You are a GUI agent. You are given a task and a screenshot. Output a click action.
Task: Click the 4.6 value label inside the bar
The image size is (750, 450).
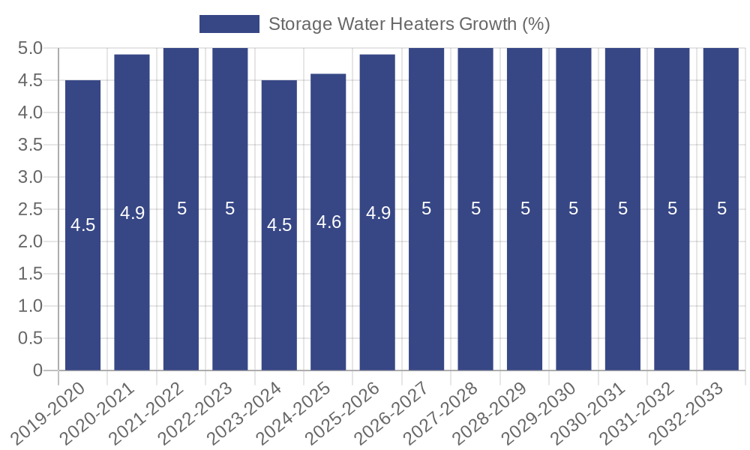pyautogui.click(x=328, y=222)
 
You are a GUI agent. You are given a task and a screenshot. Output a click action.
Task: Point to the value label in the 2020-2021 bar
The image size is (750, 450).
pyautogui.click(x=132, y=213)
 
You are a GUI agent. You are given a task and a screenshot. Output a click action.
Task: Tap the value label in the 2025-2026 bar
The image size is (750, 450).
pyautogui.click(x=378, y=213)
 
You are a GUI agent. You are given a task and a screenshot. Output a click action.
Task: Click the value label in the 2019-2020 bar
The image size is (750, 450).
pyautogui.click(x=82, y=225)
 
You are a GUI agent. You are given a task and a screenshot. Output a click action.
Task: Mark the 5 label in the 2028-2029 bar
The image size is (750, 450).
pyautogui.click(x=525, y=208)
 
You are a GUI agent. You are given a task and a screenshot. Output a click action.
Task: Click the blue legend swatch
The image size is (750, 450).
pyautogui.click(x=229, y=24)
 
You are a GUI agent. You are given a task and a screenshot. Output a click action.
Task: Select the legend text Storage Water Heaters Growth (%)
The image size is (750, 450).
pyautogui.click(x=409, y=24)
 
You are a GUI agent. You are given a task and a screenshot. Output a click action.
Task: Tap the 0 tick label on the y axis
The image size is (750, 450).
pyautogui.click(x=38, y=370)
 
